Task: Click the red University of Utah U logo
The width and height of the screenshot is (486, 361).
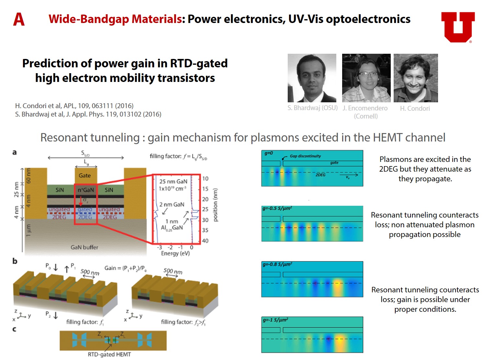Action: point(457,27)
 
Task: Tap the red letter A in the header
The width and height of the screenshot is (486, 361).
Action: point(19,19)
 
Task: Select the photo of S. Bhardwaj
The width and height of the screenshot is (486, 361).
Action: point(312,78)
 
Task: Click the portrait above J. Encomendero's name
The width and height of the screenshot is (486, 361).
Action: point(366,78)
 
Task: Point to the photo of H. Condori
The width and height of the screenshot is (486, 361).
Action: point(416,78)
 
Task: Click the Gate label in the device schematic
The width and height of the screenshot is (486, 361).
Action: point(85,175)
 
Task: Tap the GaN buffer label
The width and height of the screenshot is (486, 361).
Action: point(84,247)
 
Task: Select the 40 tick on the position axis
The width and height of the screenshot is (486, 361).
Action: point(205,241)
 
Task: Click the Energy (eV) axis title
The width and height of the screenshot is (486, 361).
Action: point(175,254)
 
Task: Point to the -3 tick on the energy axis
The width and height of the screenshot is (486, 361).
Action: point(159,247)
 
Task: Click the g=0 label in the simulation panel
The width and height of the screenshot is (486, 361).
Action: point(269,153)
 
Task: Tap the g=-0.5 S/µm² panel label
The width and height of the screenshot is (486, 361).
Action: point(277,209)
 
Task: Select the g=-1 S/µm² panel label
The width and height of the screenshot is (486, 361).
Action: point(275,320)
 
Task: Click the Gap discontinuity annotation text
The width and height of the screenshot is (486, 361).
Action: point(305,156)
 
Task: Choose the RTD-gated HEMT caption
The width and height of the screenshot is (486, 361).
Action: point(109,355)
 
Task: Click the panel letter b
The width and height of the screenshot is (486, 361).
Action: point(15,261)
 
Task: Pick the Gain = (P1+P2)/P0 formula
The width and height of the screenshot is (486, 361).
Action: point(125,268)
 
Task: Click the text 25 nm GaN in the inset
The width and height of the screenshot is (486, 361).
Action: point(173,182)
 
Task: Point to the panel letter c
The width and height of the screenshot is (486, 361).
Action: point(14,329)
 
